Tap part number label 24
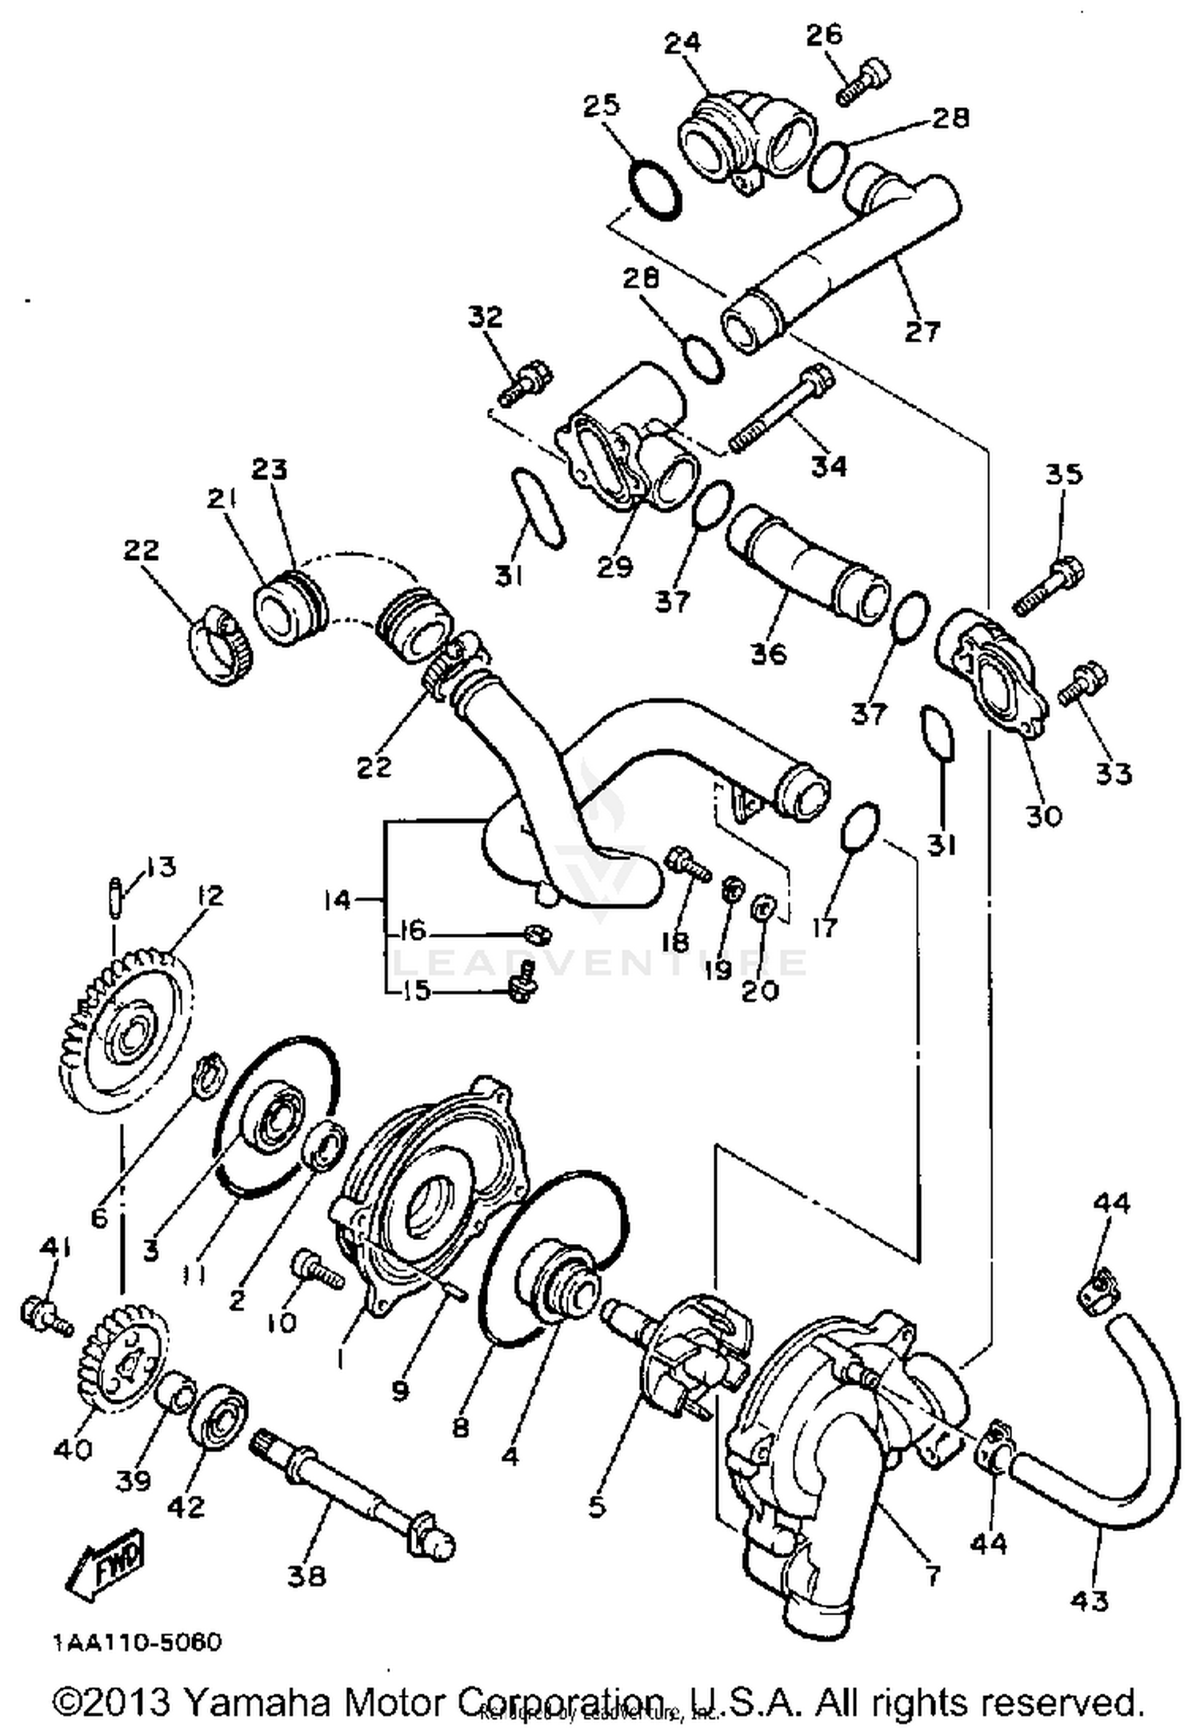coord(682,42)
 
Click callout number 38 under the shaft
coord(306,1576)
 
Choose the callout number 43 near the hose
coord(1088,1601)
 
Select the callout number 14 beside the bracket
coord(338,901)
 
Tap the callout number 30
coord(1042,815)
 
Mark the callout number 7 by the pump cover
coord(932,1576)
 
